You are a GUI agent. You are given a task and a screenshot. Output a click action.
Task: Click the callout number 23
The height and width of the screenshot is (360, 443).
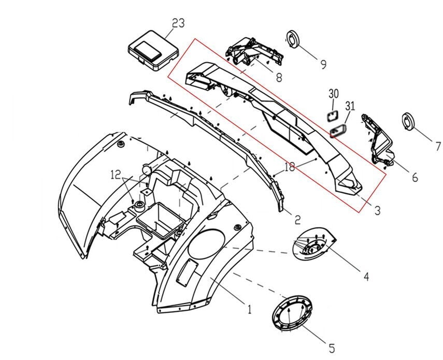click(179, 23)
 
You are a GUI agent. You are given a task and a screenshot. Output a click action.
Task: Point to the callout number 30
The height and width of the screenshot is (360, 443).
click(334, 94)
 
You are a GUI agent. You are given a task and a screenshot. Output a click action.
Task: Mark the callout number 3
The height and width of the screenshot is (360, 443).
click(377, 210)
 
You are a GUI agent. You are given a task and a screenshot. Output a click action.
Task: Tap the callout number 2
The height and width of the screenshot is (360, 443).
click(297, 219)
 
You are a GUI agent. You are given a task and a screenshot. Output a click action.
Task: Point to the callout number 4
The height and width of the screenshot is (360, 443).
click(366, 276)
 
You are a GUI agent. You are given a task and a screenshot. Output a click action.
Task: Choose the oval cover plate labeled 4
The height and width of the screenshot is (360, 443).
click(312, 248)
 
